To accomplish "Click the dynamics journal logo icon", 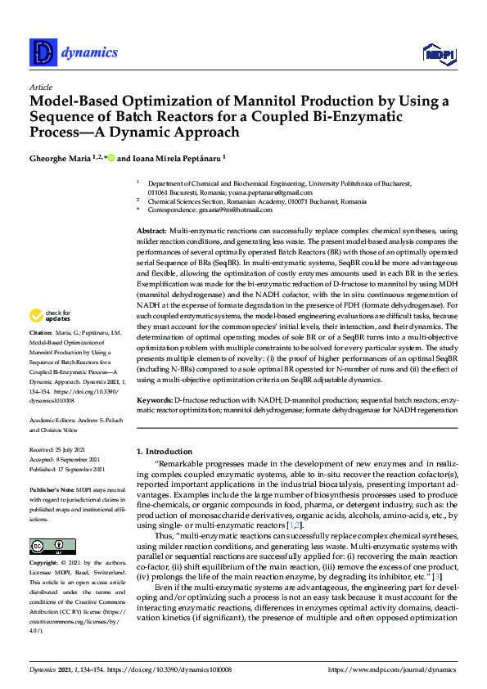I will point(42,53).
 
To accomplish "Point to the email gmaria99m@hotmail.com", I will point(230,209).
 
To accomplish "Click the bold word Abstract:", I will point(152,232).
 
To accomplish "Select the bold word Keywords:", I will point(156,400).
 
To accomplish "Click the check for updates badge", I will point(49,338).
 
